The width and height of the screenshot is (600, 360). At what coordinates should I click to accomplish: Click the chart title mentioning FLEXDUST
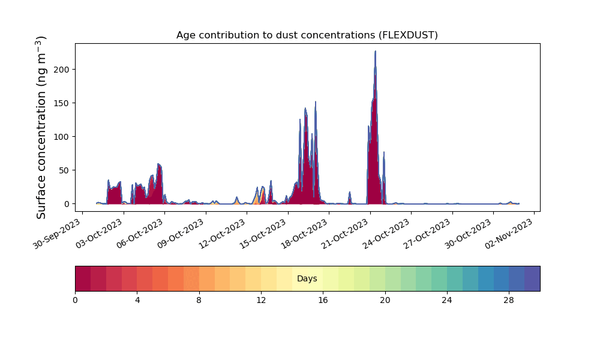[307, 35]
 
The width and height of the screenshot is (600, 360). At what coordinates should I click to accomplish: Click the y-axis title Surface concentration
[41, 127]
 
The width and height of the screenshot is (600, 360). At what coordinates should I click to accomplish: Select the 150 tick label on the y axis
[62, 103]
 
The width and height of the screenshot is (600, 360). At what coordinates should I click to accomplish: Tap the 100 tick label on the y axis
[62, 137]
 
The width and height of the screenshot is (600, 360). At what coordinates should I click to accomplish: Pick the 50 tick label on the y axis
[64, 170]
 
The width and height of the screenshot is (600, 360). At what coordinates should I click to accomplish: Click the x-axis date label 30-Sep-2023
[57, 234]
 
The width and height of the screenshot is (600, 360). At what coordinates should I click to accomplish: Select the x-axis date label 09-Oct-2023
[181, 234]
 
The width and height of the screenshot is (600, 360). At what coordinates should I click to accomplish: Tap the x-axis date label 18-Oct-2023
[304, 234]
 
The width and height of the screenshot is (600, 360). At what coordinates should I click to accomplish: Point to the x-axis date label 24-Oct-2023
[386, 234]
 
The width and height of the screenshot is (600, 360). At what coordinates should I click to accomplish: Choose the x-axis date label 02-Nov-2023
[509, 234]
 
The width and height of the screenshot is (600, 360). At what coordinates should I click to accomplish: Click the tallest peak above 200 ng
[376, 51]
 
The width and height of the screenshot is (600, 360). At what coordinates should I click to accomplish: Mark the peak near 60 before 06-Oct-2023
[159, 164]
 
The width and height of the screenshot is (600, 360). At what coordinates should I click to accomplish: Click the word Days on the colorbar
[307, 278]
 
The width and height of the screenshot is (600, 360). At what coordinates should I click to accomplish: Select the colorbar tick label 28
[509, 301]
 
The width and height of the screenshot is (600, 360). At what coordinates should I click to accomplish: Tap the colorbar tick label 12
[261, 301]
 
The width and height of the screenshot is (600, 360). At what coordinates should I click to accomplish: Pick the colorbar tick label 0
[76, 301]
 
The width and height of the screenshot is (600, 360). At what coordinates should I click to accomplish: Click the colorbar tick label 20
[385, 301]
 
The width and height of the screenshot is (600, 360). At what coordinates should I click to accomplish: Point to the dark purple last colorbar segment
[532, 278]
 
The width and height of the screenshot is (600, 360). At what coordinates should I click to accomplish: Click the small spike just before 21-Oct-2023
[350, 193]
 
